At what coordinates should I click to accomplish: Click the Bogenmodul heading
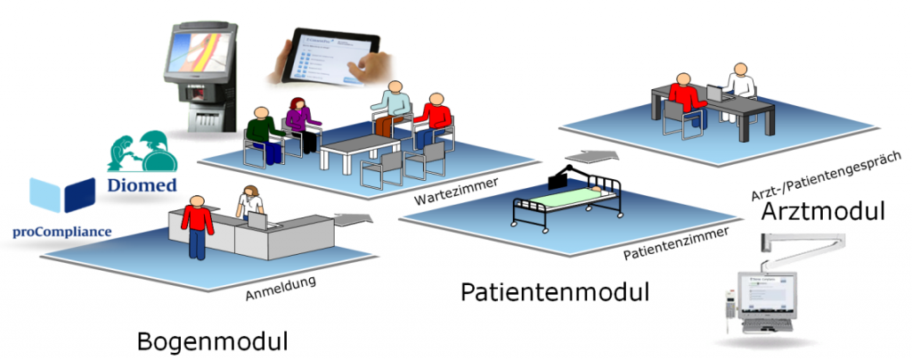[x=214, y=342]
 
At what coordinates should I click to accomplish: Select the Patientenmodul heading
[x=555, y=291]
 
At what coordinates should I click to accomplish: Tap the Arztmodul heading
[x=823, y=213]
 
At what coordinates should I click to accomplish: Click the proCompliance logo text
[x=62, y=232]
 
